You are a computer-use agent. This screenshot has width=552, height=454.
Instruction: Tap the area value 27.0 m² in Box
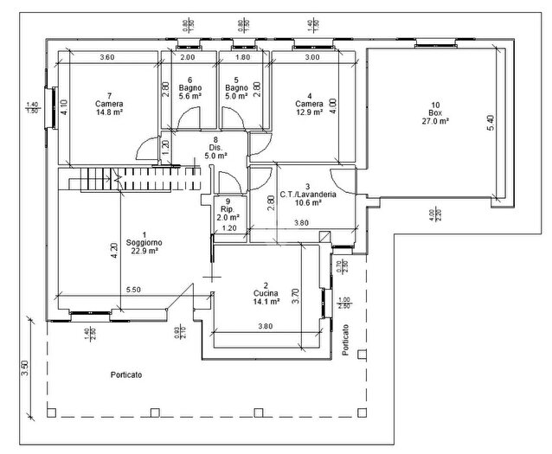click(x=435, y=122)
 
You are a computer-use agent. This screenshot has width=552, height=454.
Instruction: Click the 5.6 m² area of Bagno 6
click(x=189, y=97)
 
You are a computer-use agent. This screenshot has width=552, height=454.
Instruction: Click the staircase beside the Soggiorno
click(x=130, y=180)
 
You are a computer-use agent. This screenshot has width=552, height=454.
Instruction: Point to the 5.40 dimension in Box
click(x=491, y=123)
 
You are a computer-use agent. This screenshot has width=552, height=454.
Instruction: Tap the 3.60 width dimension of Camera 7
click(x=106, y=57)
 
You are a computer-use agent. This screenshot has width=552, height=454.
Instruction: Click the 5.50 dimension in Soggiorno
click(x=133, y=290)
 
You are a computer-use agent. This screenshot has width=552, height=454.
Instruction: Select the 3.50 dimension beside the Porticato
click(x=26, y=367)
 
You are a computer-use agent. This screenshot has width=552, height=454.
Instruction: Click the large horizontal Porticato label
click(x=126, y=374)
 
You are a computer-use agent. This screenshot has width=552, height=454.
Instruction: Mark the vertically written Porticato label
click(x=345, y=341)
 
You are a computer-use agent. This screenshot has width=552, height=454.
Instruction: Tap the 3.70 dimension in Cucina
click(x=295, y=297)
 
